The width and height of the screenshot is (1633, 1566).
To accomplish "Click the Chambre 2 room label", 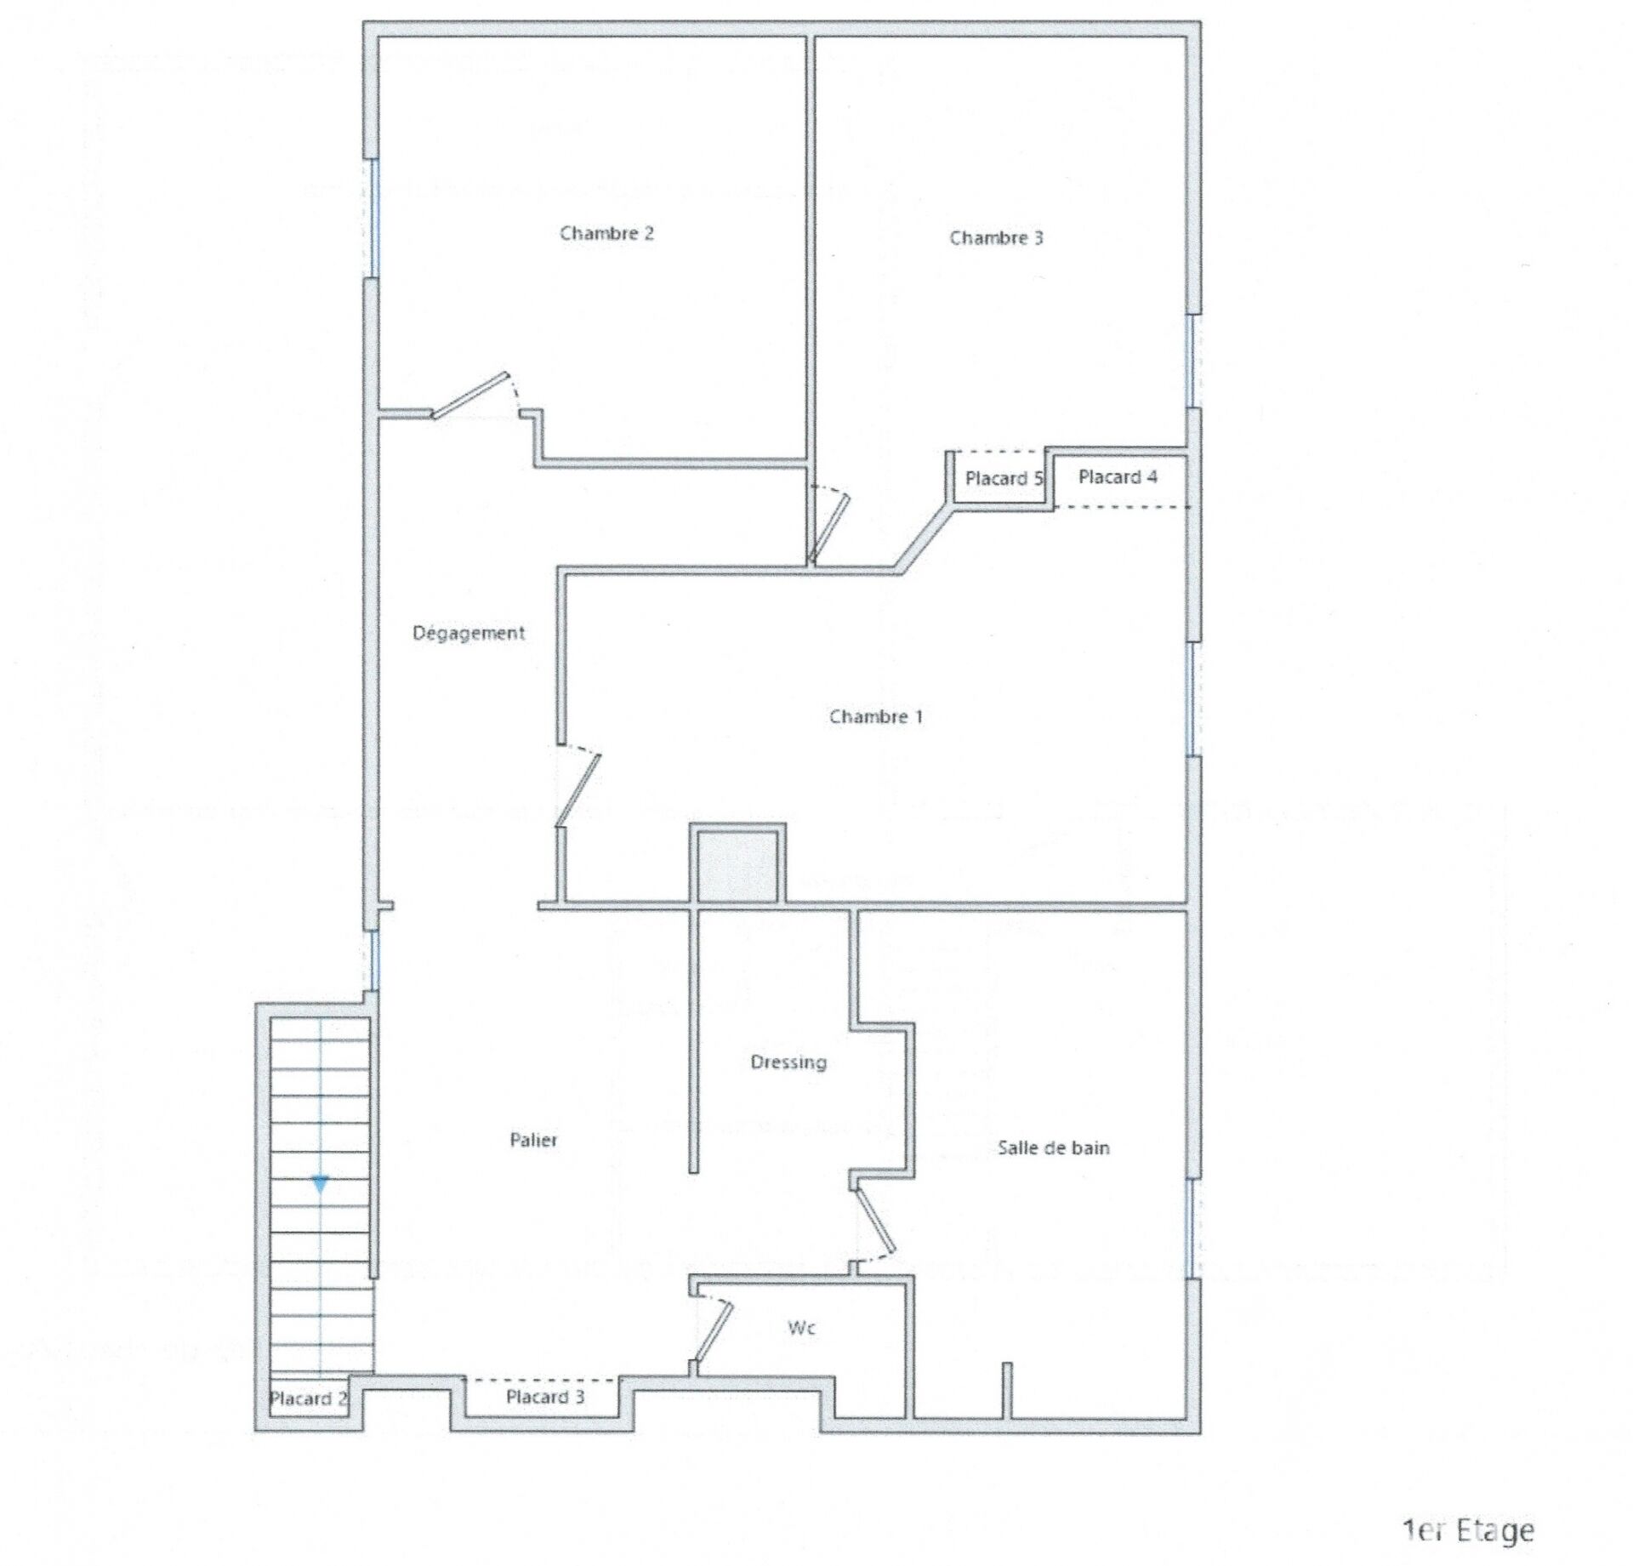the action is (x=606, y=233).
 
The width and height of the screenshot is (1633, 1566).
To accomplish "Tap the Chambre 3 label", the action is (x=996, y=237).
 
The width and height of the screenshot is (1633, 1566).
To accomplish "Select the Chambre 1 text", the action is (x=876, y=716).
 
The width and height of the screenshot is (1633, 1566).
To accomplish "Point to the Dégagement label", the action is (x=469, y=633).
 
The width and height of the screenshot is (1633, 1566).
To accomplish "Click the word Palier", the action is (x=533, y=1140).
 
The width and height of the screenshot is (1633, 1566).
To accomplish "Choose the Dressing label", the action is (x=788, y=1062).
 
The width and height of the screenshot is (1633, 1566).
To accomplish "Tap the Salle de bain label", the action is (x=1054, y=1147).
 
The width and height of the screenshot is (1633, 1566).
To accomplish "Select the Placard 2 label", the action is (x=309, y=1398).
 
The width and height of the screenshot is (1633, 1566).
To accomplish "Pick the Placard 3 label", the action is (x=545, y=1397).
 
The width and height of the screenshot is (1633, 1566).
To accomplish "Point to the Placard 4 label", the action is (x=1118, y=476).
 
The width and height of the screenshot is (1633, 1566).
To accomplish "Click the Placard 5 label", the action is (x=1004, y=478).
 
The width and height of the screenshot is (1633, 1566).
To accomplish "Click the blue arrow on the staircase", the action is (x=320, y=1183).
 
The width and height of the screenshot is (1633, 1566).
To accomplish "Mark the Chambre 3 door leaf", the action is (x=829, y=528).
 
